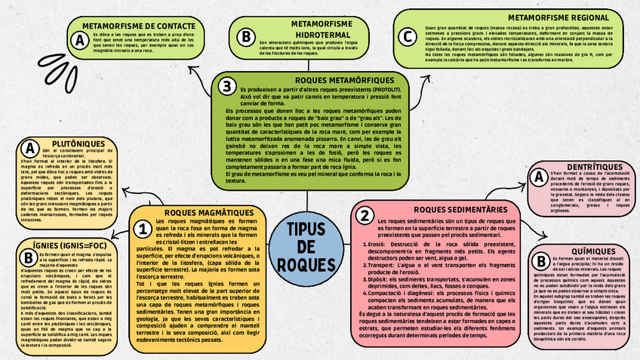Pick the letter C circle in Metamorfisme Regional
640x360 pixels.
[x=408, y=36]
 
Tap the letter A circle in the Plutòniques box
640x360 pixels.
[x=30, y=148]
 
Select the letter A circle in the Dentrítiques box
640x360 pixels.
[x=539, y=177]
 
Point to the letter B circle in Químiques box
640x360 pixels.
[x=540, y=261]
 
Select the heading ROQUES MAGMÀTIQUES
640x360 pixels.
[x=204, y=214]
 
